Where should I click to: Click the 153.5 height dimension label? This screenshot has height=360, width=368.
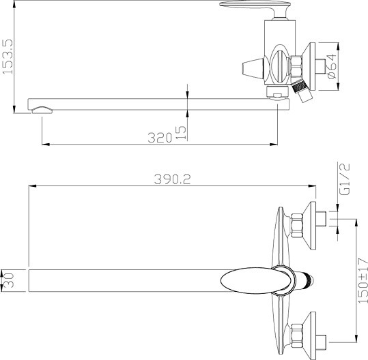coord(7,57)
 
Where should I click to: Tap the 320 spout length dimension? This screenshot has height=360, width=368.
coord(160,138)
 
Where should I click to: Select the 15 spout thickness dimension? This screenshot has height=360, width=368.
coord(181,133)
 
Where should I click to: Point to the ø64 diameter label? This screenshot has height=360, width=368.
coord(331,66)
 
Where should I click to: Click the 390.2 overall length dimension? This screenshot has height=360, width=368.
coord(173,179)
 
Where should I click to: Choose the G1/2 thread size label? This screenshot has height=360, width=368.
coord(345,179)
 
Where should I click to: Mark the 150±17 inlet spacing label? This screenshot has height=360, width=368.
coord(363,280)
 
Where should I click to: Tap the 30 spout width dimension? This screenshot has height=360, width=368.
coord(9,280)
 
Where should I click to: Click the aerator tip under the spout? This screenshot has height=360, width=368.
coord(42,110)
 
